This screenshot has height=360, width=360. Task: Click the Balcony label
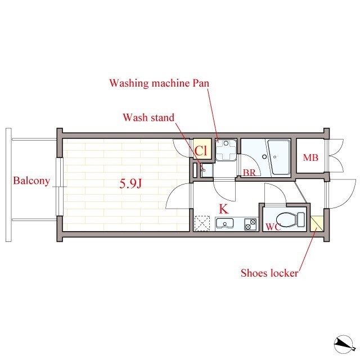(31, 181)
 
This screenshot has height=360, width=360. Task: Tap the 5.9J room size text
(130, 184)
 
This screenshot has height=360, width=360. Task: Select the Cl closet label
(201, 151)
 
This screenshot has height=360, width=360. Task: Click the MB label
(310, 157)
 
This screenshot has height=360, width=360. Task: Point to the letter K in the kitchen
(224, 209)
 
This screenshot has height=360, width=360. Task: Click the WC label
(273, 227)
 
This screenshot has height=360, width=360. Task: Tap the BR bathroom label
(249, 173)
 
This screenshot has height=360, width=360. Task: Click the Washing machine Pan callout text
(159, 83)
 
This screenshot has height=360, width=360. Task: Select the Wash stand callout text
(148, 118)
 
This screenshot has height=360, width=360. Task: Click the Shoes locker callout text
(269, 273)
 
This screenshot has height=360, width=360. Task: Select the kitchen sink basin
(224, 224)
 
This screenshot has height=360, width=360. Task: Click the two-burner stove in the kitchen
(250, 224)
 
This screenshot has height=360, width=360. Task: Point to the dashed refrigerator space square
(202, 223)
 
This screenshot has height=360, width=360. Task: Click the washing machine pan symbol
(226, 150)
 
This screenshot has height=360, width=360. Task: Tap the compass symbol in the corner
(343, 344)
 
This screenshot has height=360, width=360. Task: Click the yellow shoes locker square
(317, 223)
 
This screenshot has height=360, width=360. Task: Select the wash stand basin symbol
(206, 170)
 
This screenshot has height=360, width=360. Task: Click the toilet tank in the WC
(301, 220)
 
